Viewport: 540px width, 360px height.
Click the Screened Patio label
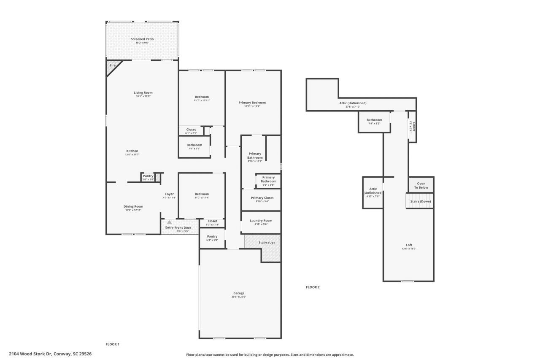(x=142, y=39)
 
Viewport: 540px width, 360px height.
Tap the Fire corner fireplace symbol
(x=112, y=66)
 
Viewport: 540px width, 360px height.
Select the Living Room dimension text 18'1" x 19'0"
(x=143, y=96)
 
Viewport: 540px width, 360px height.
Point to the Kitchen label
(x=132, y=151)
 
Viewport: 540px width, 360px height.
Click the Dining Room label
(x=133, y=206)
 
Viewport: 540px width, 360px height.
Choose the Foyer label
(x=169, y=194)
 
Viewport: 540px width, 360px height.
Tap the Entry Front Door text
(x=178, y=227)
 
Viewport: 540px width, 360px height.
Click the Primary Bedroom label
(x=252, y=103)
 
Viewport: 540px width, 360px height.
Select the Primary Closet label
(x=262, y=198)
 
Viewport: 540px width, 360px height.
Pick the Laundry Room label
(x=261, y=220)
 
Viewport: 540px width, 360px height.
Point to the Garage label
(x=239, y=293)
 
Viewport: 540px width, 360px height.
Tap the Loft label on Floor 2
(x=409, y=245)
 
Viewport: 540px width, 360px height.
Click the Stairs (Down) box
(x=420, y=201)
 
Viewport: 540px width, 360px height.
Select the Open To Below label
(x=421, y=185)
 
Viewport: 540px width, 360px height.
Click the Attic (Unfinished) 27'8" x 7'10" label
(x=353, y=103)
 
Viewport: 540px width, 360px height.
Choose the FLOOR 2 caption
(x=313, y=287)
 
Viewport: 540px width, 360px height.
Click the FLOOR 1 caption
(x=112, y=344)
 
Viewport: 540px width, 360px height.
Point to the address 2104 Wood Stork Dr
(x=50, y=354)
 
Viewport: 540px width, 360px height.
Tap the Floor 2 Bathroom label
(x=374, y=120)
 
